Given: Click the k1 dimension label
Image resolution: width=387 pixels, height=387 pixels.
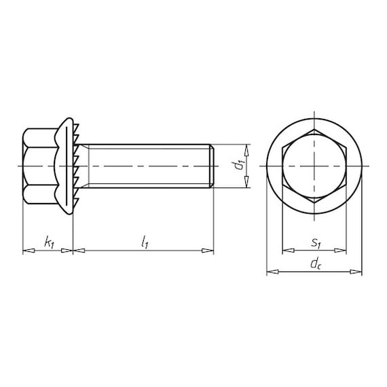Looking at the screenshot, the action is pyautogui.click(x=49, y=242).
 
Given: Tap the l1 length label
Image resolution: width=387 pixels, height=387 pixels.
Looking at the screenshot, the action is pyautogui.click(x=145, y=242).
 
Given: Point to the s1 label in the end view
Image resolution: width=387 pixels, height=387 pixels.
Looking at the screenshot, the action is pyautogui.click(x=316, y=243).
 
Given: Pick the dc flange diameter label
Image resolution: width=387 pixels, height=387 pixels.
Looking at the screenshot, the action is pyautogui.click(x=316, y=264).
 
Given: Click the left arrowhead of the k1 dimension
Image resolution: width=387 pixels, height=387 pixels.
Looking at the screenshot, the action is pyautogui.click(x=29, y=251).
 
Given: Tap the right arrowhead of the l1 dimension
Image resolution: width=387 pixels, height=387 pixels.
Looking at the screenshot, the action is pyautogui.click(x=208, y=251).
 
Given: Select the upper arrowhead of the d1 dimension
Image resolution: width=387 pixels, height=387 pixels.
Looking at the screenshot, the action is pyautogui.click(x=246, y=150).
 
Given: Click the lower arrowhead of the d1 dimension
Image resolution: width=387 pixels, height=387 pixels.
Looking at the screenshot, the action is pyautogui.click(x=246, y=181).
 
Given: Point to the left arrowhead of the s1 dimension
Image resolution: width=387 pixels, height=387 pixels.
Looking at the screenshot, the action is pyautogui.click(x=289, y=251).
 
